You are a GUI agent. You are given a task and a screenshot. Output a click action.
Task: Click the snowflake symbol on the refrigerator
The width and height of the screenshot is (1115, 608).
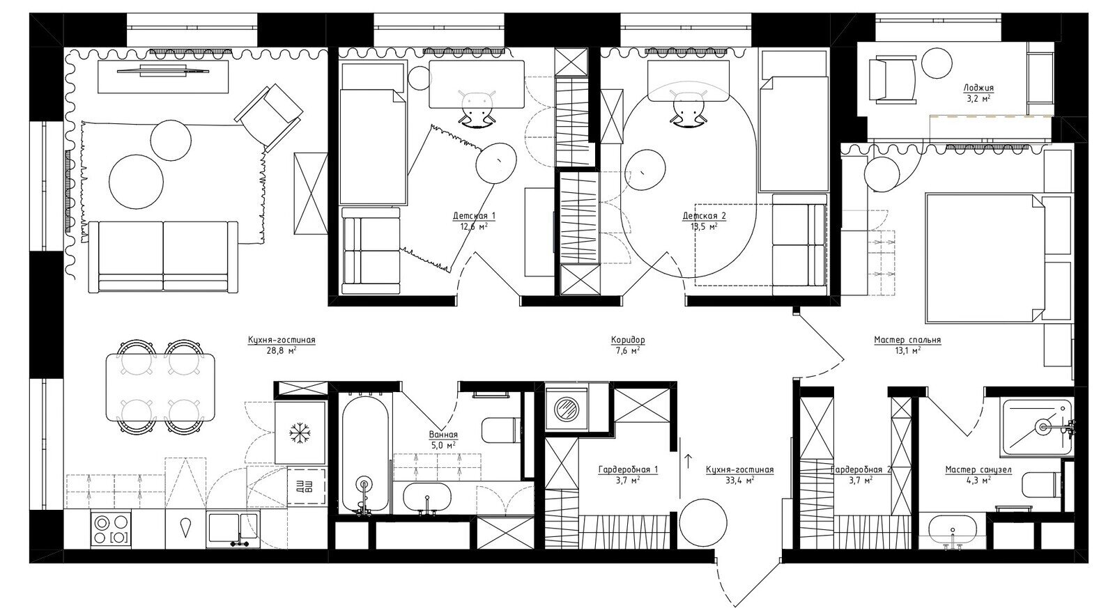300,433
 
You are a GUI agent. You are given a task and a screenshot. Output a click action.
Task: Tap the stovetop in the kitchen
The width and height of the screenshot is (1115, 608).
111,529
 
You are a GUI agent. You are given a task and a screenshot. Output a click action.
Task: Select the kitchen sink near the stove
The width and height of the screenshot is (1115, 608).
233,529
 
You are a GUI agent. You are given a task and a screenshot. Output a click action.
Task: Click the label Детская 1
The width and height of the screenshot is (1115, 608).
475,216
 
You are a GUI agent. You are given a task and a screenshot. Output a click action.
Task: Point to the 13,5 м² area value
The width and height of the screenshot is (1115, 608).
705,226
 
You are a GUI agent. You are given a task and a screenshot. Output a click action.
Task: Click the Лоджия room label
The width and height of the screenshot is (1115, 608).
978,88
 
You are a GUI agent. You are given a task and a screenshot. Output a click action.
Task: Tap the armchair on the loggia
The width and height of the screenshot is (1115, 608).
893,79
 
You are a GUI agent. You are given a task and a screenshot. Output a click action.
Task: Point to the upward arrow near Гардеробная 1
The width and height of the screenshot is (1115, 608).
689,461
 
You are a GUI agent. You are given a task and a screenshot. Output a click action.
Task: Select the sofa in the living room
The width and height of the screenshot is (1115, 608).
163,257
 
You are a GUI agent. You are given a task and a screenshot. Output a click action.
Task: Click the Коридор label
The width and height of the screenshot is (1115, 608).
628,341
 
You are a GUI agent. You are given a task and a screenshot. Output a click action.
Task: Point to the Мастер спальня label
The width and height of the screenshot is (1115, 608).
907,341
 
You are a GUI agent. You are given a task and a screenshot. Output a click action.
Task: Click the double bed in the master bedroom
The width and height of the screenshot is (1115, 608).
985,258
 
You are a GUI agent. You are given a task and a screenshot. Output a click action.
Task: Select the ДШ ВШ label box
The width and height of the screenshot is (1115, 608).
307,486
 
